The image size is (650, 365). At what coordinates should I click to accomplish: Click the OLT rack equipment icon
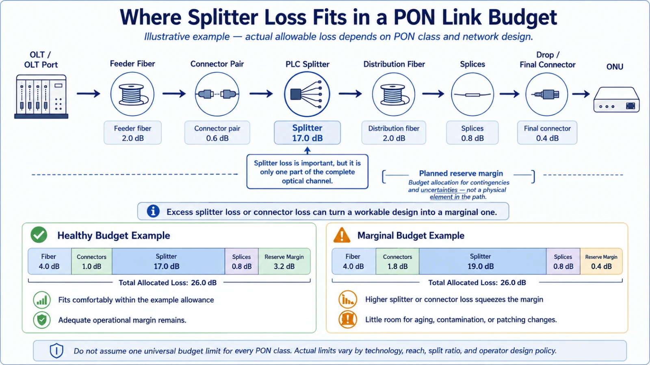pyautogui.click(x=41, y=97)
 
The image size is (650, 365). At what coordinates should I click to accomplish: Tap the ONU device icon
pyautogui.click(x=616, y=99)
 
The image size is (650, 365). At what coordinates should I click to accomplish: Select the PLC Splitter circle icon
pyautogui.click(x=307, y=94)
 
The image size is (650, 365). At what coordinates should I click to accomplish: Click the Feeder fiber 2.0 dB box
pyautogui.click(x=132, y=133)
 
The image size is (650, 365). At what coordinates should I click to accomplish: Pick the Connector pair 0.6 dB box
pyautogui.click(x=217, y=133)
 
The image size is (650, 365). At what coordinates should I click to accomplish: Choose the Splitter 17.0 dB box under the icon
pyautogui.click(x=307, y=133)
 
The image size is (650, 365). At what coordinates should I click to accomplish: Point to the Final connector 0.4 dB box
pyautogui.click(x=547, y=133)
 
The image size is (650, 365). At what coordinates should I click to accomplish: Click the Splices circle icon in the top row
pyautogui.click(x=472, y=94)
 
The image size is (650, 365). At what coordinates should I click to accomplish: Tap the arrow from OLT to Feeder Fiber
pyautogui.click(x=89, y=94)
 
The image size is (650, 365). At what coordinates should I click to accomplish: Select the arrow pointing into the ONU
pyautogui.click(x=581, y=94)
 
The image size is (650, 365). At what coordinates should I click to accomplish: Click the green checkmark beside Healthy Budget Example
pyautogui.click(x=39, y=235)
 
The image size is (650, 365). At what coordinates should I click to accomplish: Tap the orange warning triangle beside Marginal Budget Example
pyautogui.click(x=342, y=235)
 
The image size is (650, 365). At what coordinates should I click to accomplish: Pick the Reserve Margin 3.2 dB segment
pyautogui.click(x=284, y=261)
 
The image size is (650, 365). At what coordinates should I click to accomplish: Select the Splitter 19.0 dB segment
pyautogui.click(x=483, y=261)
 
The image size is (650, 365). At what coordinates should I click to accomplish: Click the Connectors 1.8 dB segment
pyautogui.click(x=397, y=261)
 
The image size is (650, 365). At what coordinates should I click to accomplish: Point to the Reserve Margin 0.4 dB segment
pyautogui.click(x=601, y=261)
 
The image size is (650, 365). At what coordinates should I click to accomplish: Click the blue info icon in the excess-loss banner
pyautogui.click(x=153, y=211)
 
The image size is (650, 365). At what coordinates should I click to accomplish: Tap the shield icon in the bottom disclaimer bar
pyautogui.click(x=56, y=351)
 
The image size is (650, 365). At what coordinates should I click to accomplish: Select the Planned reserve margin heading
pyautogui.click(x=461, y=173)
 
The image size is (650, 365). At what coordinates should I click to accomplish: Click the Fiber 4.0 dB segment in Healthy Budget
pyautogui.click(x=50, y=261)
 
